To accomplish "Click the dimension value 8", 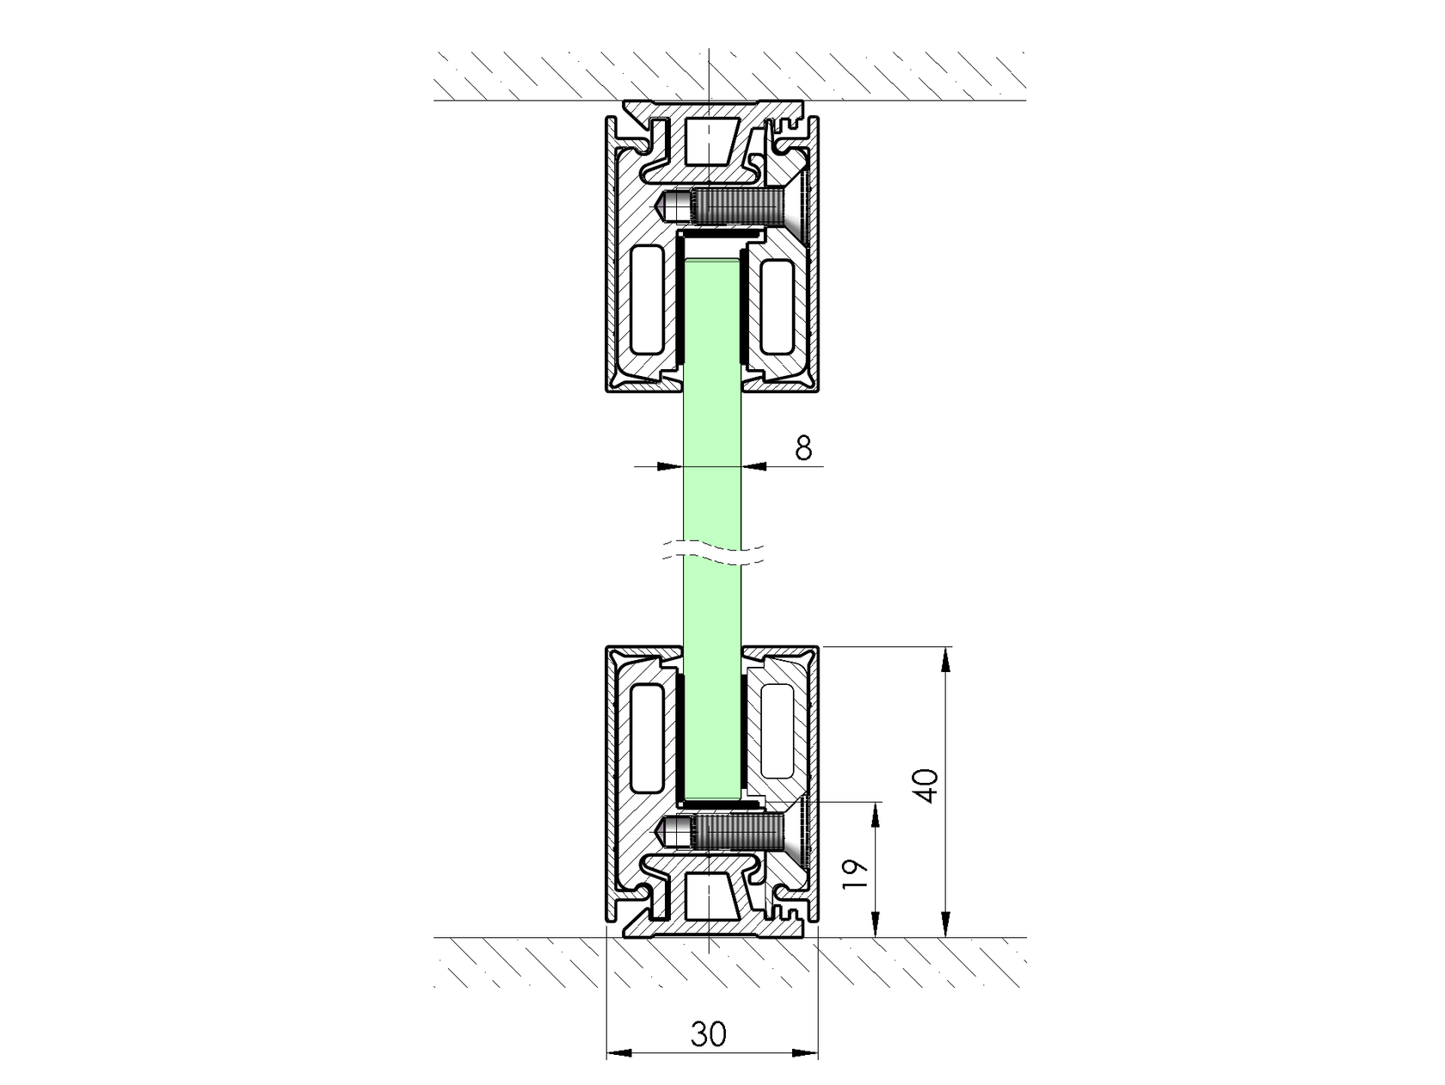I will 803,448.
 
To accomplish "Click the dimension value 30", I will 709,1033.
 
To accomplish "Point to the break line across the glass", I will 712,554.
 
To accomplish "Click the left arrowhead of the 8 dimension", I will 668,466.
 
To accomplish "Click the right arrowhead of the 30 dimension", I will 806,1051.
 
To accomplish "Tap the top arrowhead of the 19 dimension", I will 876,814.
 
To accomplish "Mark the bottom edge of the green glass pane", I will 712,796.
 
